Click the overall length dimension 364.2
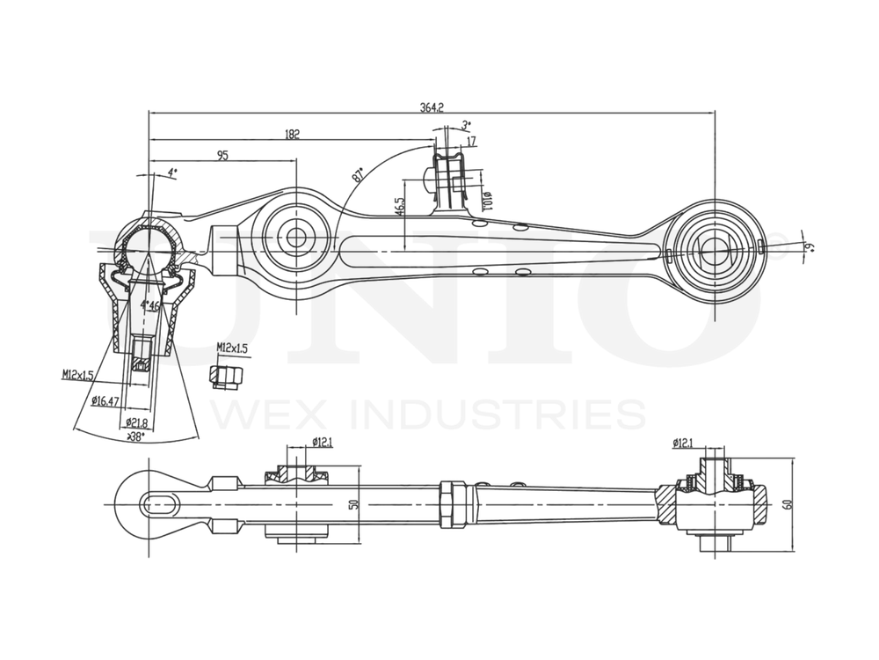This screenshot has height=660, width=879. [x=432, y=107]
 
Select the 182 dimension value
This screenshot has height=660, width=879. [x=293, y=134]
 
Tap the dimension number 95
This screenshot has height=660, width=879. [x=222, y=156]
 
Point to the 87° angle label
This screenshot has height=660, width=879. [x=359, y=174]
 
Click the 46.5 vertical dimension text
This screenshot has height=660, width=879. [x=400, y=207]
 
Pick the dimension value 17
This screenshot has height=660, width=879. [x=472, y=141]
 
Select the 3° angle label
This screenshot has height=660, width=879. [x=466, y=125]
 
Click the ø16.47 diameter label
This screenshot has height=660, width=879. [x=105, y=401]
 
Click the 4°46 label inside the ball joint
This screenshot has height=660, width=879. [x=150, y=305]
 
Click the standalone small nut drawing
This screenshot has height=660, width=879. [x=226, y=377]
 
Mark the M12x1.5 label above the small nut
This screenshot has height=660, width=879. [x=232, y=348]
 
